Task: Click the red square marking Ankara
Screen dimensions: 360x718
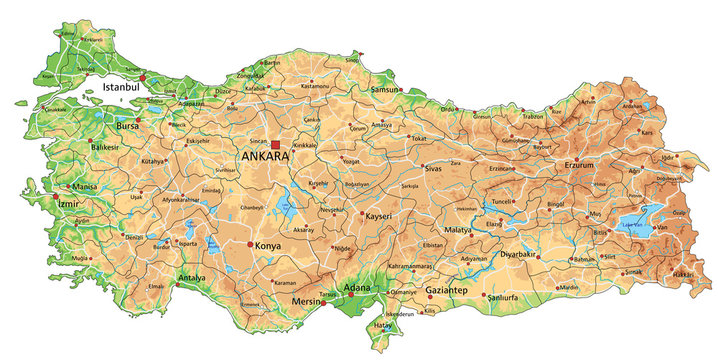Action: point(275,145)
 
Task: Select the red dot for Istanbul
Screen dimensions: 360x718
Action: point(143,76)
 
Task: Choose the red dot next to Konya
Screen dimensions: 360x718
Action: point(249,243)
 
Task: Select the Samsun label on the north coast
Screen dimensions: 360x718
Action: point(355,89)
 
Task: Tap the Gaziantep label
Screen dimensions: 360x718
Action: point(446,290)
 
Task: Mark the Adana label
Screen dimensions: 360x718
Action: point(357,288)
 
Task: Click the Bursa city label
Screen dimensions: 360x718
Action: point(127,128)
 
